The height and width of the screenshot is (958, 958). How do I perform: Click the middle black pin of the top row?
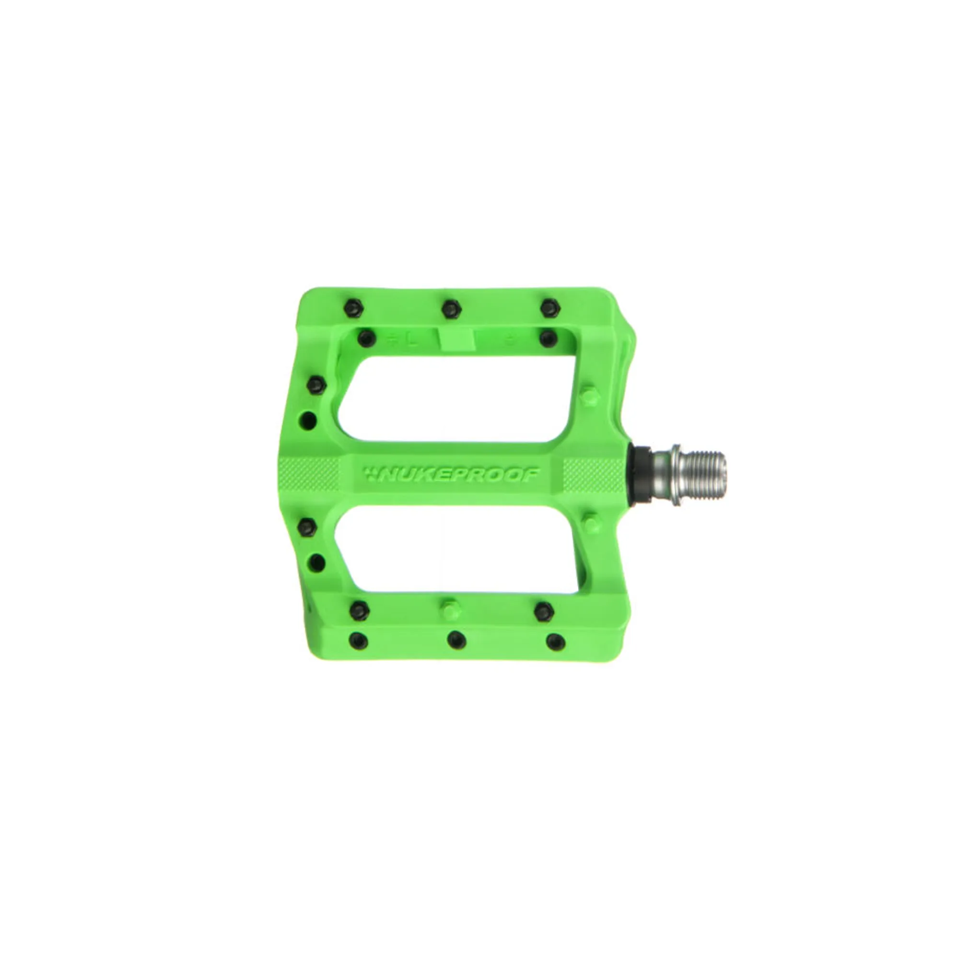click(451, 309)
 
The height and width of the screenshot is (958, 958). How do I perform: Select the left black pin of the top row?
click(353, 308)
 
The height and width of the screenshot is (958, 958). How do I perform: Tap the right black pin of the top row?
click(550, 308)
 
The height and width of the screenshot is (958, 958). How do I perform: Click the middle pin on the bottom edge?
click(456, 640)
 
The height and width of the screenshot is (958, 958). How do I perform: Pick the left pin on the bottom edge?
click(358, 640)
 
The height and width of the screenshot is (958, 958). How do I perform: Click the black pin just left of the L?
click(366, 339)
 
